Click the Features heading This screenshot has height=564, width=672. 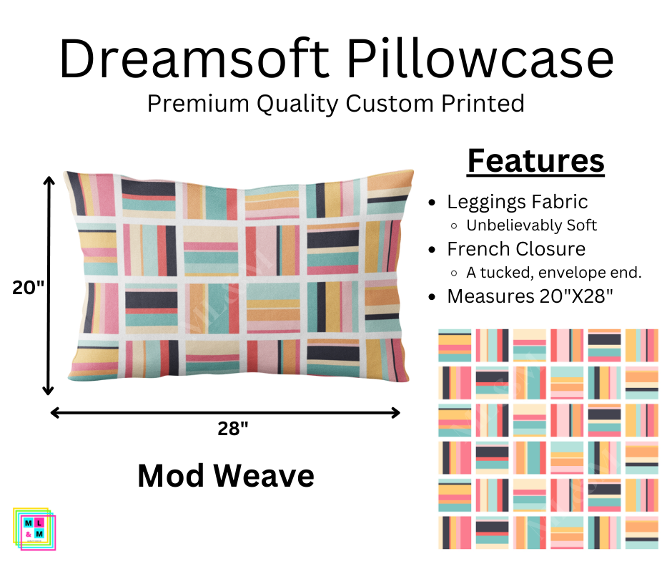tap(535, 161)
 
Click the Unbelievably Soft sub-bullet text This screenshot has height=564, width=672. tap(531, 225)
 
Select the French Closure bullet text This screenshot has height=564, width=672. tap(516, 249)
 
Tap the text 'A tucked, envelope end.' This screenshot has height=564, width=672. tap(554, 273)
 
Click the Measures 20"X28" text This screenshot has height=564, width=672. tap(530, 296)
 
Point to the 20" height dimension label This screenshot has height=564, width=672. tap(28, 288)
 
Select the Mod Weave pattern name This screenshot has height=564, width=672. tap(226, 475)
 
